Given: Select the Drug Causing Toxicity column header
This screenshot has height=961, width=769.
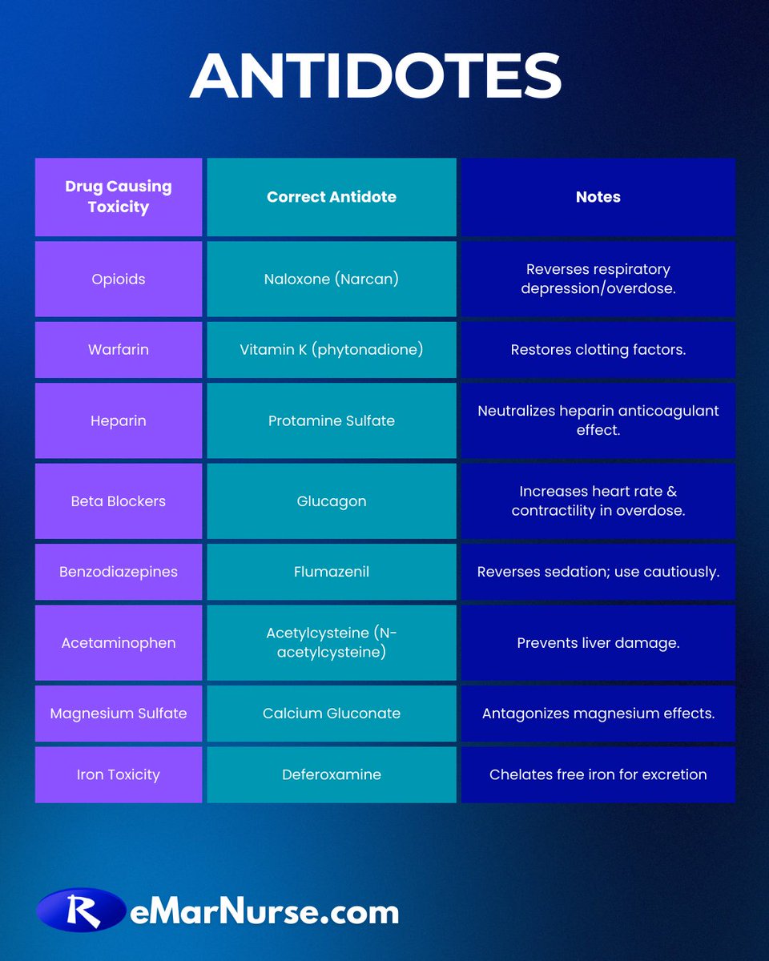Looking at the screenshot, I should [x=119, y=197].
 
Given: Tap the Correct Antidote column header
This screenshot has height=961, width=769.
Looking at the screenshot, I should [x=332, y=197].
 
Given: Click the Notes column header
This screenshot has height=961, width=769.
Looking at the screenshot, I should [x=598, y=197].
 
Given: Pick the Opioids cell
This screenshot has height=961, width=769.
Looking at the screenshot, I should [x=119, y=279].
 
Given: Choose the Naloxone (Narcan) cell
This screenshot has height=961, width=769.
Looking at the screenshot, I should [x=332, y=279].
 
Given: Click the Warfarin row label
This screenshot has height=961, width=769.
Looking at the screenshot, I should [x=119, y=350].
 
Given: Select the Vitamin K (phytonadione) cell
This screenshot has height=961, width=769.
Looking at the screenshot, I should [x=332, y=350].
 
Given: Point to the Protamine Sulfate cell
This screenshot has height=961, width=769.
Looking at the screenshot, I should [x=332, y=420].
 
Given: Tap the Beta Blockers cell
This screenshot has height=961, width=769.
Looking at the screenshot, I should [x=119, y=501].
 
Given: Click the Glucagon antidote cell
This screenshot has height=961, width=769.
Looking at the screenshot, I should [x=332, y=501].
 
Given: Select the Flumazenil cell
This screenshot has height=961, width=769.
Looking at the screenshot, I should [x=332, y=572].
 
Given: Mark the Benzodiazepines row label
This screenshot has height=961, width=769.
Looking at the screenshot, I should [x=119, y=572].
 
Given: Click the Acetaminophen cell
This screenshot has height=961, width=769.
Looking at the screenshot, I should [x=119, y=643].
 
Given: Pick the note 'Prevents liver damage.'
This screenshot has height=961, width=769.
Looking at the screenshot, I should [x=598, y=643].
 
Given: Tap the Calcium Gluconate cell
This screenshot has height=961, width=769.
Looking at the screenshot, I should [x=332, y=713].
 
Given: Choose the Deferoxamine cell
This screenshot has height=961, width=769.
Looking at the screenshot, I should [x=332, y=774].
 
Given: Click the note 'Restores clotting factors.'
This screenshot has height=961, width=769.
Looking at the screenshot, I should [x=598, y=350].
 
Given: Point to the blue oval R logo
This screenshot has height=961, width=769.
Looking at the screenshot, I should [x=80, y=911].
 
